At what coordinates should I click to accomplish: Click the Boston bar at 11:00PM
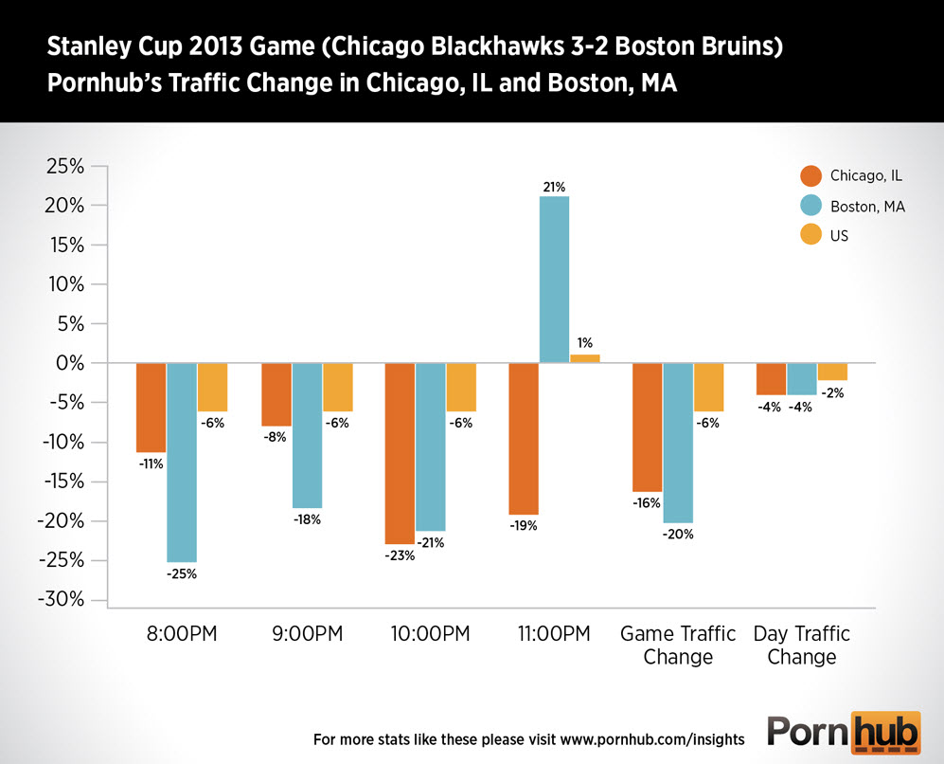coord(554,280)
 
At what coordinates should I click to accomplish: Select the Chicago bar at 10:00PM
coord(399,453)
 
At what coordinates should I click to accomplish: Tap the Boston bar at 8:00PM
coord(182,463)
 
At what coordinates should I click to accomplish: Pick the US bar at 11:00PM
coord(585,358)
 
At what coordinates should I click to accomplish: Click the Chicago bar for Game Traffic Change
coord(648,427)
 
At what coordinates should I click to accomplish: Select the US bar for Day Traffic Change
coord(832,372)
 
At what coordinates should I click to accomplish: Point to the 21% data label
coord(554,187)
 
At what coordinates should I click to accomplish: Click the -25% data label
coord(182,573)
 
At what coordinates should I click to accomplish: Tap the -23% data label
coord(399,555)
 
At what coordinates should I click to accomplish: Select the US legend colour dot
coord(811,235)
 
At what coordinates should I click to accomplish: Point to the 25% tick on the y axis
coord(65,167)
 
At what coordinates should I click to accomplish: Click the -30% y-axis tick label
coord(62,600)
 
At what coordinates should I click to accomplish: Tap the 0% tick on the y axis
coord(73,363)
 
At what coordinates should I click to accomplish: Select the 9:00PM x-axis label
coord(305,634)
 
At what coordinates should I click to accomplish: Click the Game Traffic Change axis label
coord(678,645)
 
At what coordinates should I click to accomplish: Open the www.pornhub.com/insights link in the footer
coord(652,737)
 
